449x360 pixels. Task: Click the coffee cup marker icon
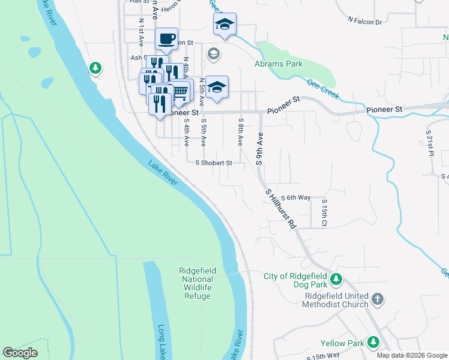(x=166, y=39)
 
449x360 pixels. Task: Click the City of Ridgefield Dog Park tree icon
(x=337, y=279)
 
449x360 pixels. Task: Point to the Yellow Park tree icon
(x=373, y=342)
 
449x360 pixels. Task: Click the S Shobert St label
(x=214, y=163)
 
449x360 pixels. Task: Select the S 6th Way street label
(x=295, y=197)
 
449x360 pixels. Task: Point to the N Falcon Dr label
(x=365, y=22)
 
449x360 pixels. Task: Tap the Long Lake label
(x=161, y=342)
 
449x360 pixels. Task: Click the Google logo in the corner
(x=20, y=353)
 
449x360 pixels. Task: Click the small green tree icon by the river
(x=95, y=68)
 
